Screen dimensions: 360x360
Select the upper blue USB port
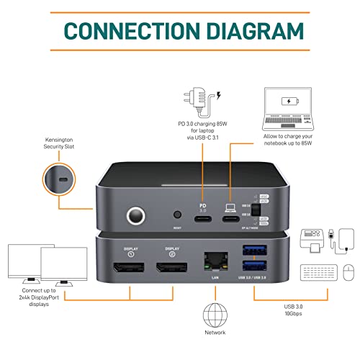[256, 251]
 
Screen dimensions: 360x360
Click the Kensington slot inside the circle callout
[63, 179]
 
